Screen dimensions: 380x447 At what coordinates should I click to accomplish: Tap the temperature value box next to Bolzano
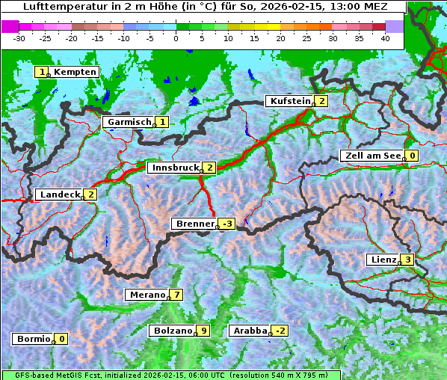coord(203,331)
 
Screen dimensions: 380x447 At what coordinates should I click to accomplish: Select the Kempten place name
coord(75,72)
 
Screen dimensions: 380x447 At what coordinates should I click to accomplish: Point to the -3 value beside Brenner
coord(226,224)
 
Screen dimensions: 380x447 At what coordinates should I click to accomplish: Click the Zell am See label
coord(371,156)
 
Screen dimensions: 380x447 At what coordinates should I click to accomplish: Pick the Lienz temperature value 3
coord(407,260)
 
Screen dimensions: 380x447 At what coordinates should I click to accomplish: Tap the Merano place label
coord(147,295)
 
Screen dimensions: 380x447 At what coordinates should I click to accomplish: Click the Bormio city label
coord(33,339)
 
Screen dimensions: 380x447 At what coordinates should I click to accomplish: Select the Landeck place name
coord(59,194)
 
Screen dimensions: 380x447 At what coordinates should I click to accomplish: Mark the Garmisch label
coord(129,122)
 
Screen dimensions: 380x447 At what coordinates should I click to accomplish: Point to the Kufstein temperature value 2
coord(321,101)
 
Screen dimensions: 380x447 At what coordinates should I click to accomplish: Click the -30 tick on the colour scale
coord(20,37)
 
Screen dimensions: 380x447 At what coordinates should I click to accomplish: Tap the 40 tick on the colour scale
coord(385,37)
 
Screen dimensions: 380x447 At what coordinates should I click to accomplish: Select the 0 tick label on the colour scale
coord(176,37)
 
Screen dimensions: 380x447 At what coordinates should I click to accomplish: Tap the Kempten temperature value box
coord(43,72)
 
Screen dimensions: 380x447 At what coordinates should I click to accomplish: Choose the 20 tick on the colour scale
coord(280,37)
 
